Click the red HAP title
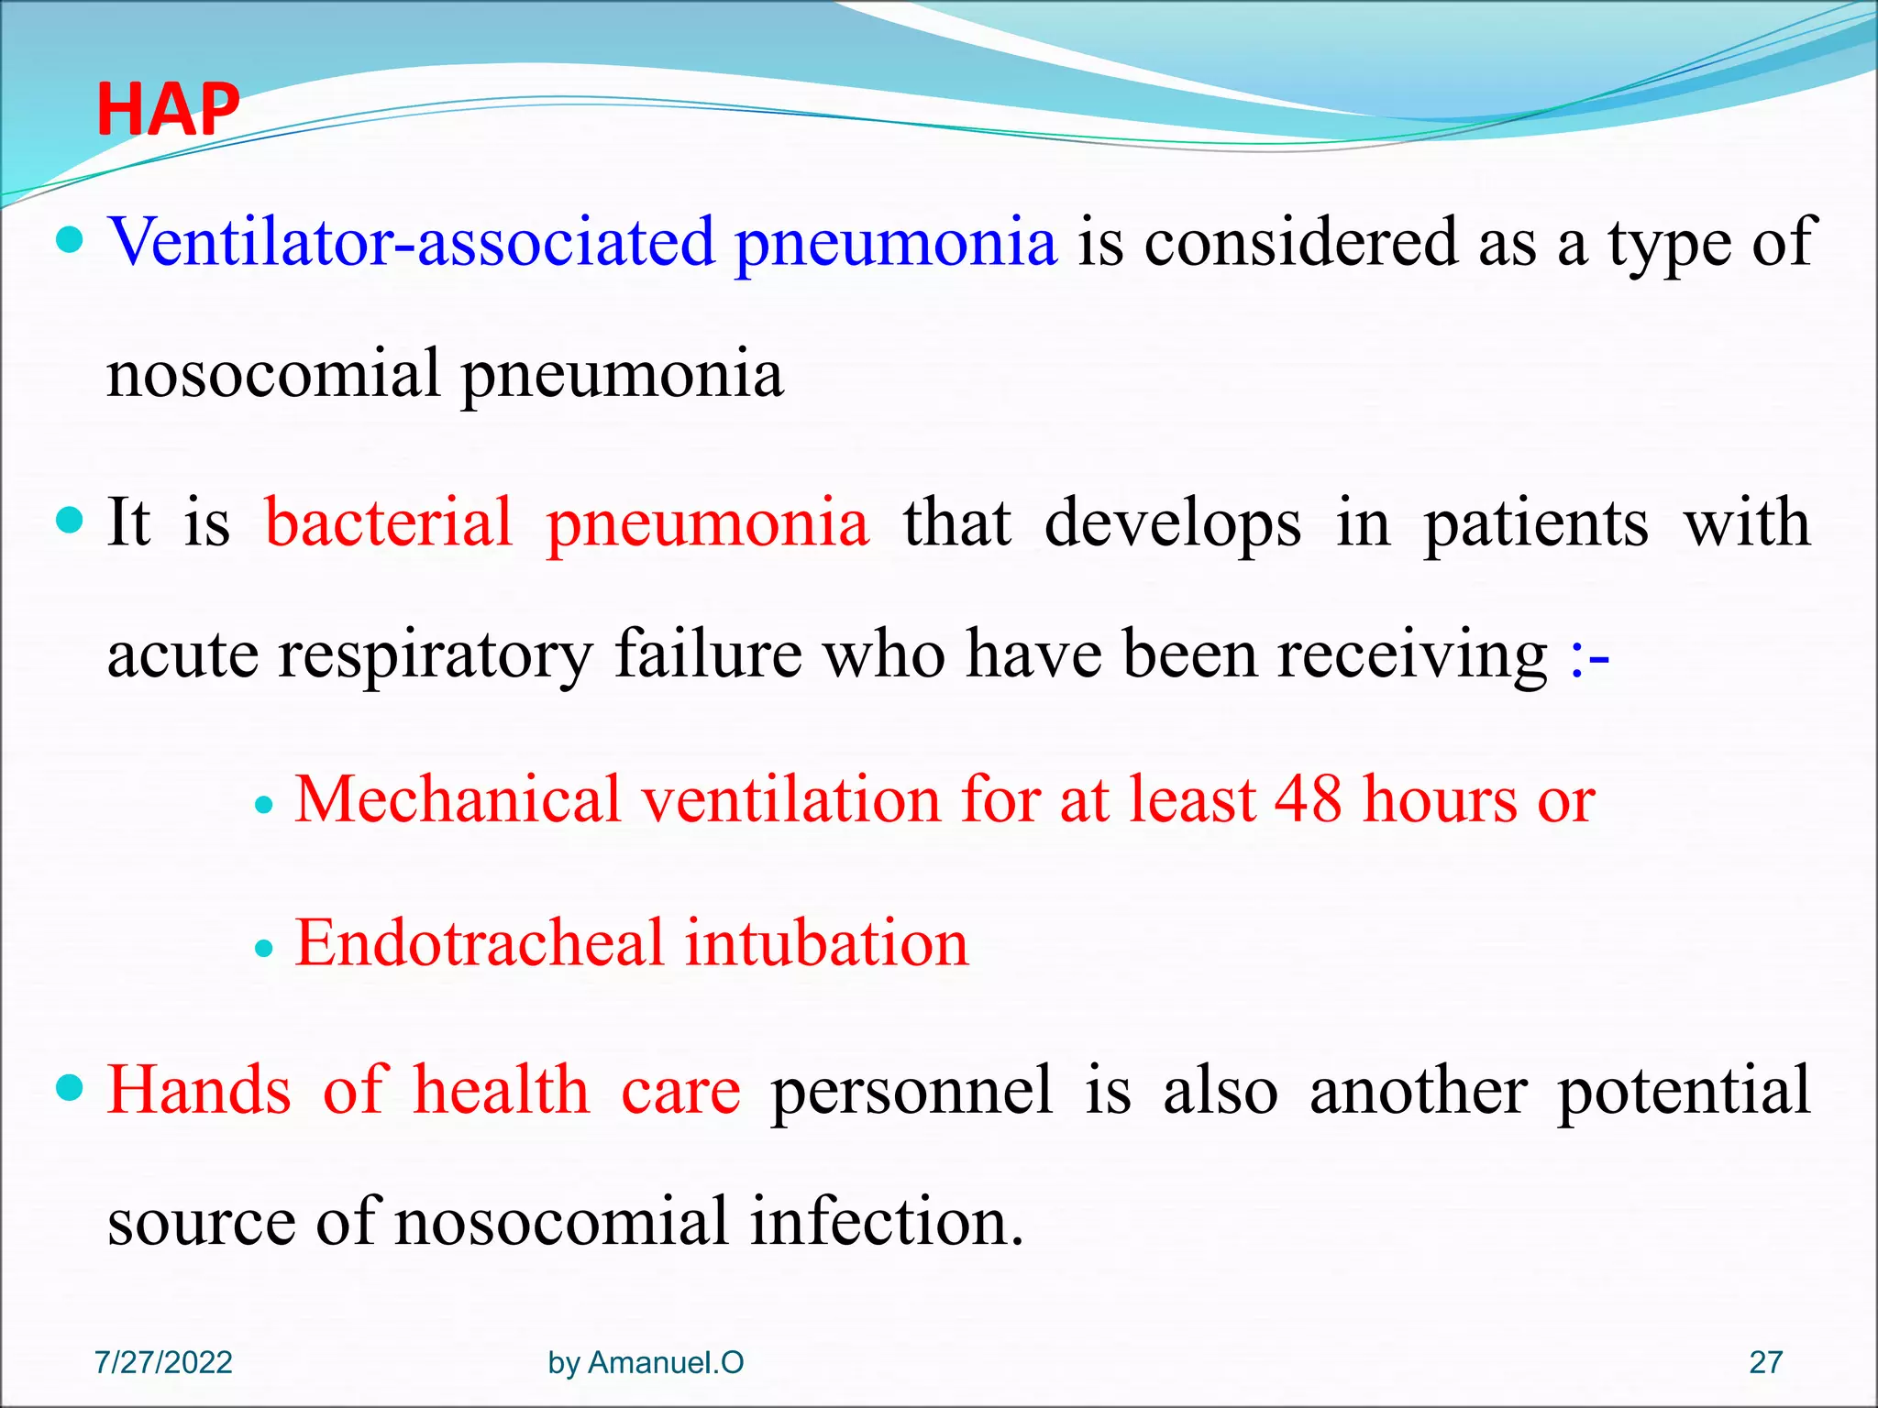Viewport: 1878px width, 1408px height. (168, 110)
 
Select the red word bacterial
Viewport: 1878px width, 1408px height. (388, 522)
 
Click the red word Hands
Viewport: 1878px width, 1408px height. (199, 1091)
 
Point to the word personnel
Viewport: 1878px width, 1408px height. (911, 1091)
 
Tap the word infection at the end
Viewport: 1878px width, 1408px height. (886, 1222)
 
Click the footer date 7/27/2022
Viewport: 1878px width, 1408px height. (163, 1362)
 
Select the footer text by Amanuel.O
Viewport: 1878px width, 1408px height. (646, 1362)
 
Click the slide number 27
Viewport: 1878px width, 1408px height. (1765, 1362)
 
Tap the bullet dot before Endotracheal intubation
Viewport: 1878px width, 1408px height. (264, 949)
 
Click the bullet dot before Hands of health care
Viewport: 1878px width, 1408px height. (70, 1088)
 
